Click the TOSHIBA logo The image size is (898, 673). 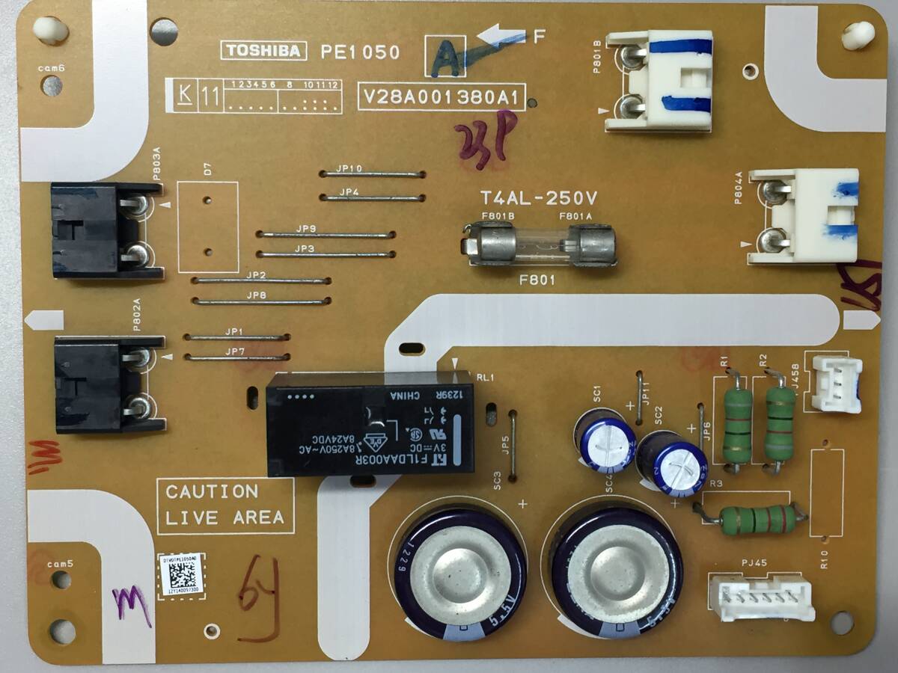(x=263, y=51)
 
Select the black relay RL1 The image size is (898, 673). (x=370, y=422)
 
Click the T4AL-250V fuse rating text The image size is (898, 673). (x=539, y=199)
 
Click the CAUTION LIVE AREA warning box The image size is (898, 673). (x=225, y=505)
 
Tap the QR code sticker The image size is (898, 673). (x=180, y=575)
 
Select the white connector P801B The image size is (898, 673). (x=659, y=81)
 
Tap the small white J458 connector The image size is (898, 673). (x=835, y=384)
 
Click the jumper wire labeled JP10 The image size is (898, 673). (x=372, y=174)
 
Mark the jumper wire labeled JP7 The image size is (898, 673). (x=236, y=357)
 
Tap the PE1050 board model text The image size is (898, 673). (x=360, y=52)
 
